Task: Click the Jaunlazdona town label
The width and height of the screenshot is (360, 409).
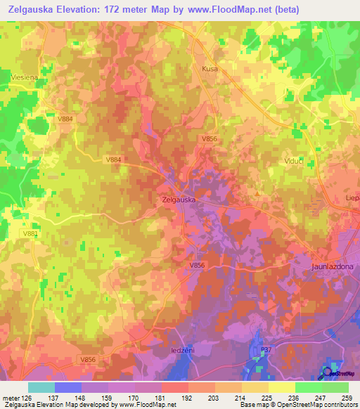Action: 335,268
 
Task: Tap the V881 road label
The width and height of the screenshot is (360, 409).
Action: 30,233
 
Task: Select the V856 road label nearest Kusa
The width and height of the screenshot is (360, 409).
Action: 210,140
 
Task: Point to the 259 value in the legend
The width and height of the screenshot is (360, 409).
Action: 348,398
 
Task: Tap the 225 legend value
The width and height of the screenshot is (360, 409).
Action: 268,398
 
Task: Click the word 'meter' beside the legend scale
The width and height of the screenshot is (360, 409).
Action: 11,398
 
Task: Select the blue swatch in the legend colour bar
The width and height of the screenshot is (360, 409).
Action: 68,387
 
